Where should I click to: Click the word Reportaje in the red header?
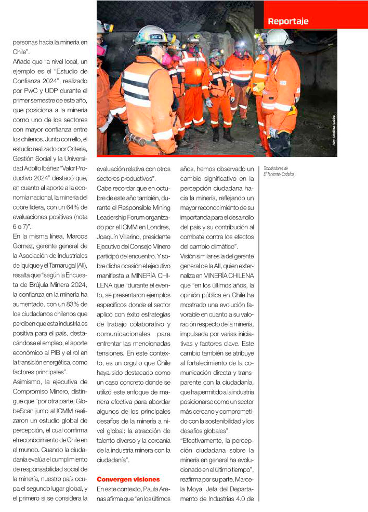288,21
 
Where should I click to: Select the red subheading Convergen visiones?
128,479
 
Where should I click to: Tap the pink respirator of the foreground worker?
168,60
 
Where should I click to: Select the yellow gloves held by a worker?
258,87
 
